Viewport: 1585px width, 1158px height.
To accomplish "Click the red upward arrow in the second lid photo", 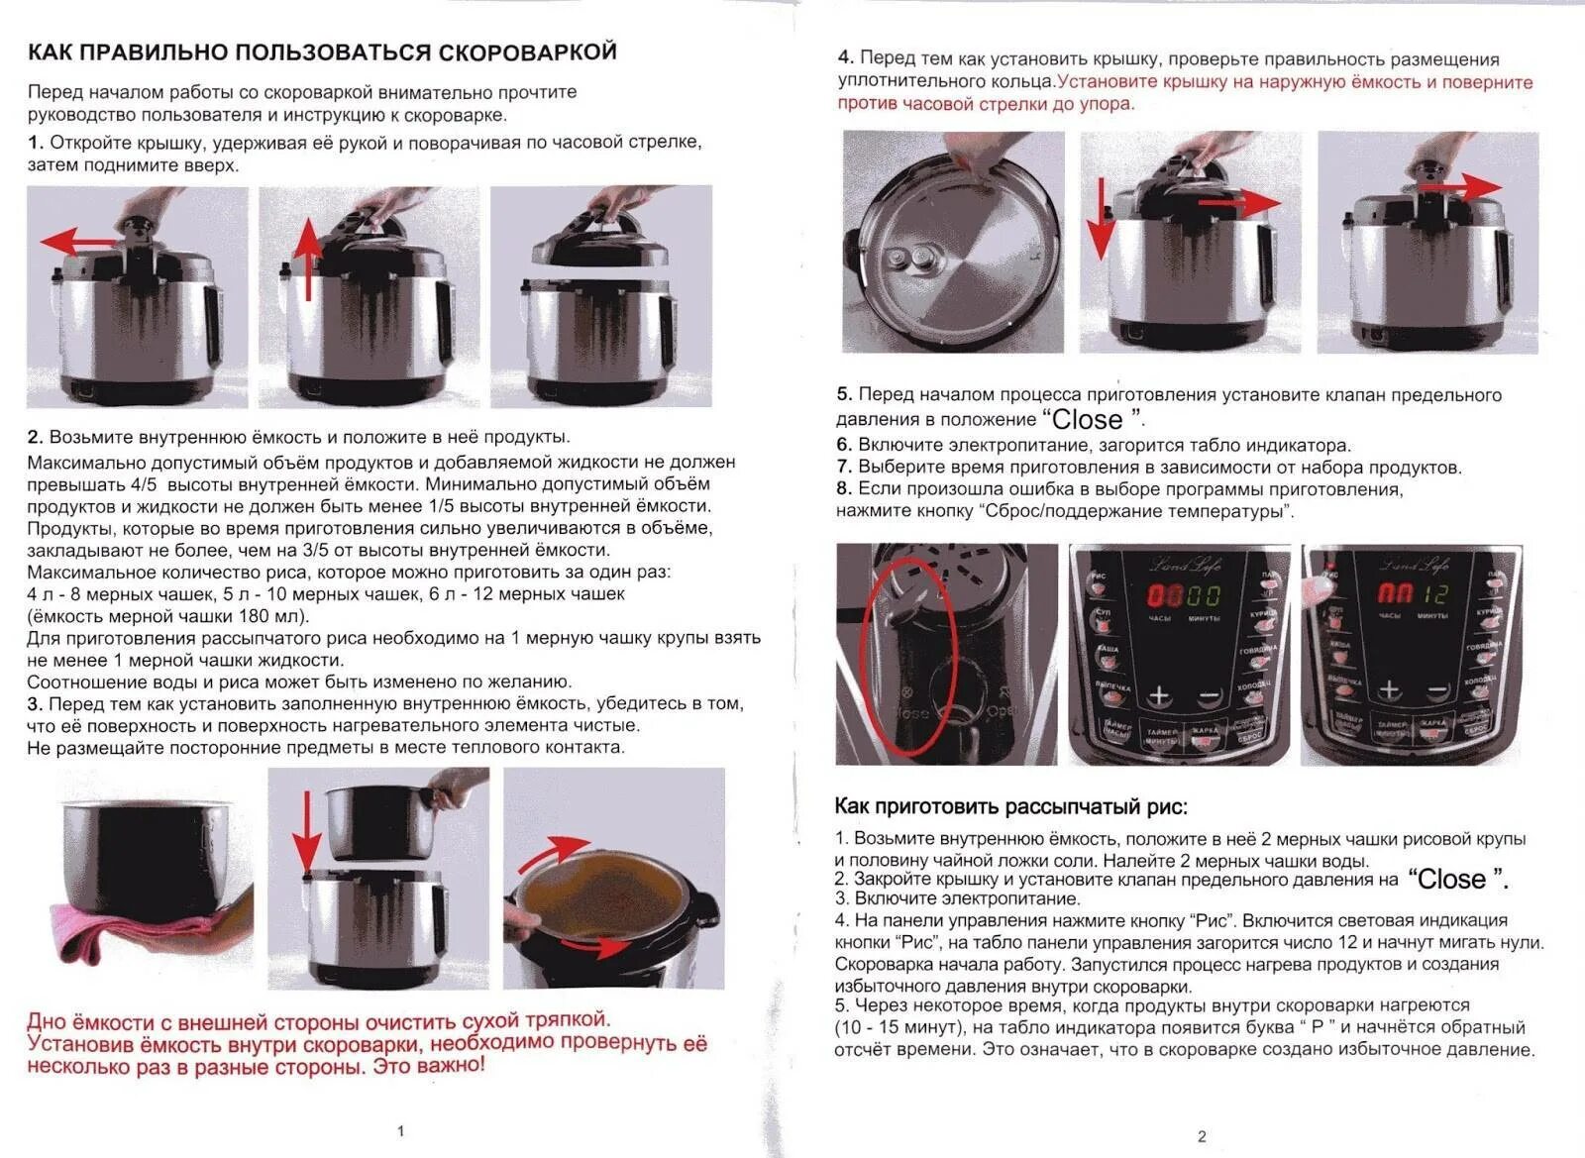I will coord(309,259).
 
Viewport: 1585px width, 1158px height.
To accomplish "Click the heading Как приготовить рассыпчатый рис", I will coord(1010,806).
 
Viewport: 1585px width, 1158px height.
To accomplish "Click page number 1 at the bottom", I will coord(400,1130).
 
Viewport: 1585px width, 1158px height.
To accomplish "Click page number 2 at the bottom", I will coord(1202,1136).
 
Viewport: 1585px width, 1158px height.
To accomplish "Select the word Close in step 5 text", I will coord(1087,419).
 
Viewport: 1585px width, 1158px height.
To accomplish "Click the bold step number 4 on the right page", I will coord(845,58).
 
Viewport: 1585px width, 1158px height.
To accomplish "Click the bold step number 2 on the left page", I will coord(35,437).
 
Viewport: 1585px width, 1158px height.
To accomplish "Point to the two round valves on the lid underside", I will coord(913,260).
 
